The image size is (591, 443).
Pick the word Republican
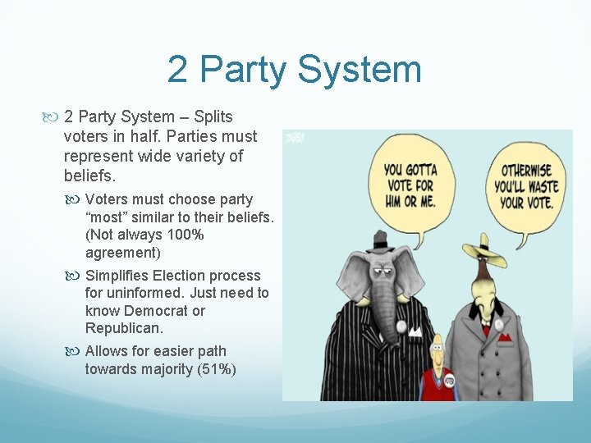[x=122, y=328]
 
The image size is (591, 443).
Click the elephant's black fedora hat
[x=379, y=241]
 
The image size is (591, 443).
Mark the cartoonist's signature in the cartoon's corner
[x=293, y=139]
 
